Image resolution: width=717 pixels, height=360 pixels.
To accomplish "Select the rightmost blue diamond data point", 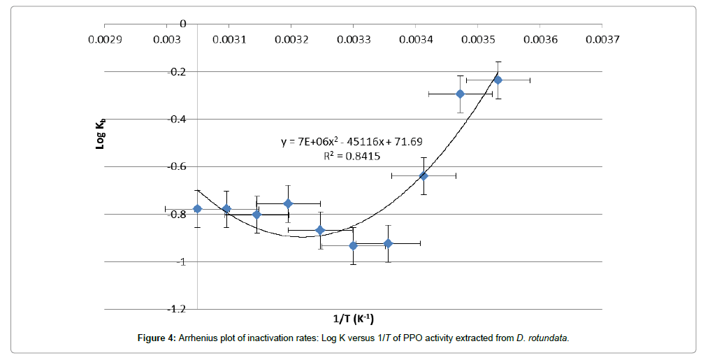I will click(x=498, y=80).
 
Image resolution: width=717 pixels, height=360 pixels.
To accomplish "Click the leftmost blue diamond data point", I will click(x=197, y=208).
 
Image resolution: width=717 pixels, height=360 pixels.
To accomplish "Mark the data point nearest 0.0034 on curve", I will click(x=423, y=175).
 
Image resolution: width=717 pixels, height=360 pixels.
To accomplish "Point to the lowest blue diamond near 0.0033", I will click(x=353, y=245).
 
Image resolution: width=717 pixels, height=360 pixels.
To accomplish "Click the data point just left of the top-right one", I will click(x=460, y=94).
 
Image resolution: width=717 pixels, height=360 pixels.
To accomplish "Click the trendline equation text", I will click(x=351, y=142).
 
